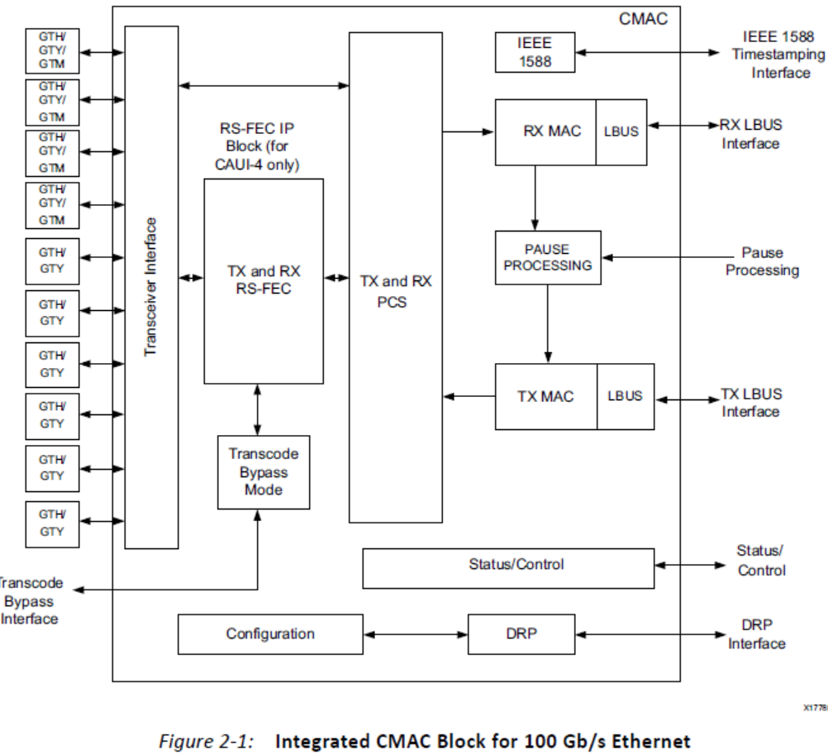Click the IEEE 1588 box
535,52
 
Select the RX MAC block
545,131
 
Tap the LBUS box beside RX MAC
621,131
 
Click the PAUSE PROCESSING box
548,257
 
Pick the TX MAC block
545,396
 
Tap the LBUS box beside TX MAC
625,396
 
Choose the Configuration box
270,634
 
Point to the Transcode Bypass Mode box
263,472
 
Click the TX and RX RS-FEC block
264,280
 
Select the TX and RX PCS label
396,292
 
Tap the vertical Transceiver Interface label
150,287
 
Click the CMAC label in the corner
643,18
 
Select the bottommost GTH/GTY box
51,523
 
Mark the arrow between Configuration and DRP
416,634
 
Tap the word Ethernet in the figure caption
652,741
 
